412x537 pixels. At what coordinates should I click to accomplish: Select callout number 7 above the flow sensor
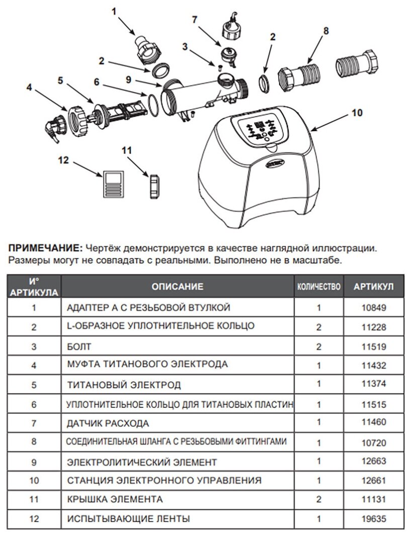(x=194, y=20)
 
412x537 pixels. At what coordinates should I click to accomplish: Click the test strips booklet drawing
(x=113, y=184)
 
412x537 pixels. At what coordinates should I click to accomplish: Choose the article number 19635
(x=374, y=518)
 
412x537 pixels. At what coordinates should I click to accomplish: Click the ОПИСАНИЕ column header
(x=177, y=287)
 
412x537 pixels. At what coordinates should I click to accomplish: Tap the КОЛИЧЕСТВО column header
(x=319, y=287)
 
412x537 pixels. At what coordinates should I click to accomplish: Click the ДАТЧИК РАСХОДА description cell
(x=108, y=423)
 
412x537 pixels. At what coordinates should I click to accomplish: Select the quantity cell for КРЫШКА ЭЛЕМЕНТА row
(x=319, y=499)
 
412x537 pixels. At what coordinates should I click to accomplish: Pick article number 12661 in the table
(x=374, y=480)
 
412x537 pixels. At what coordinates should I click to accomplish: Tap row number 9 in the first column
(x=34, y=462)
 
